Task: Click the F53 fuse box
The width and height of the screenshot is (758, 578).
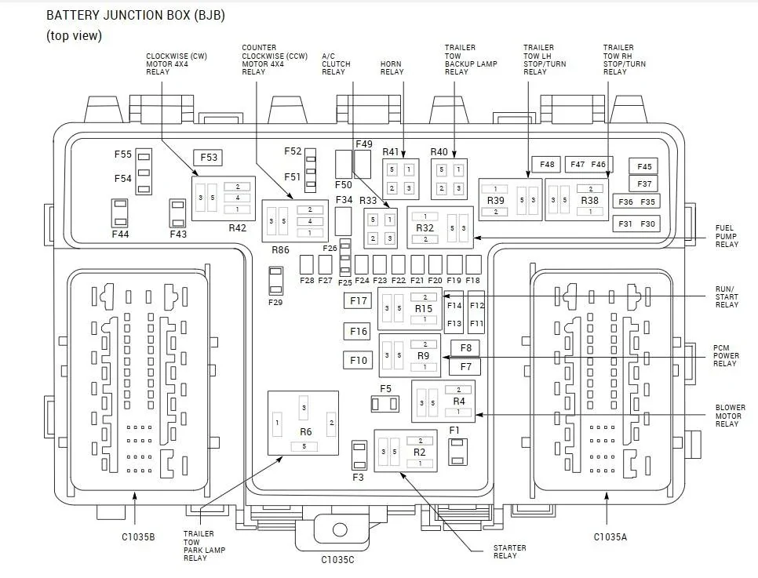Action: click(x=209, y=158)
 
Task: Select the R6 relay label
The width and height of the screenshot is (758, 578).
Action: click(x=305, y=431)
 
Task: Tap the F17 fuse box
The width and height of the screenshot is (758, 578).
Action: click(x=359, y=300)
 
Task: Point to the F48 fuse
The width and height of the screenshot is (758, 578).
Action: click(x=546, y=165)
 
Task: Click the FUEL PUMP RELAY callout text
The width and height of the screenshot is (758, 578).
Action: click(x=727, y=236)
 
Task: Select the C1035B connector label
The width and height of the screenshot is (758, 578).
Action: click(x=138, y=537)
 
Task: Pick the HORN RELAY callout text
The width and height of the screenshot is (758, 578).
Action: click(x=392, y=67)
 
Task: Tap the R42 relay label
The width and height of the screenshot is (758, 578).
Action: click(x=237, y=227)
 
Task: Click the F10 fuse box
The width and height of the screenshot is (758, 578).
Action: click(x=359, y=360)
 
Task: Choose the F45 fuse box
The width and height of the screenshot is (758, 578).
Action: click(x=644, y=166)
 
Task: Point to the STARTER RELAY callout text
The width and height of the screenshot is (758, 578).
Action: click(x=509, y=552)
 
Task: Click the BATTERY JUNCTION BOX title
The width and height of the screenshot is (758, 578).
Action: click(x=135, y=16)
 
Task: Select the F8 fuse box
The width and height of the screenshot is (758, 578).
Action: click(x=465, y=347)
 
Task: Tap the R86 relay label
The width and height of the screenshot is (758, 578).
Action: click(x=280, y=250)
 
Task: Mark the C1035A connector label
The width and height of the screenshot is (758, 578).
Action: click(x=610, y=537)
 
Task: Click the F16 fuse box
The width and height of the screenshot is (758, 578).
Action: click(x=359, y=331)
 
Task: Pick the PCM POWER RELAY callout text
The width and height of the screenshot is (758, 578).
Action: click(x=726, y=356)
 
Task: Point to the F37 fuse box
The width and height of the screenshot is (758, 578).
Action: click(x=644, y=184)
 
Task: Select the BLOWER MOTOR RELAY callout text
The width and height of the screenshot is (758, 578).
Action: click(x=730, y=416)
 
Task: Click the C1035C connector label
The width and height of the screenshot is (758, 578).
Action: click(x=337, y=560)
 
